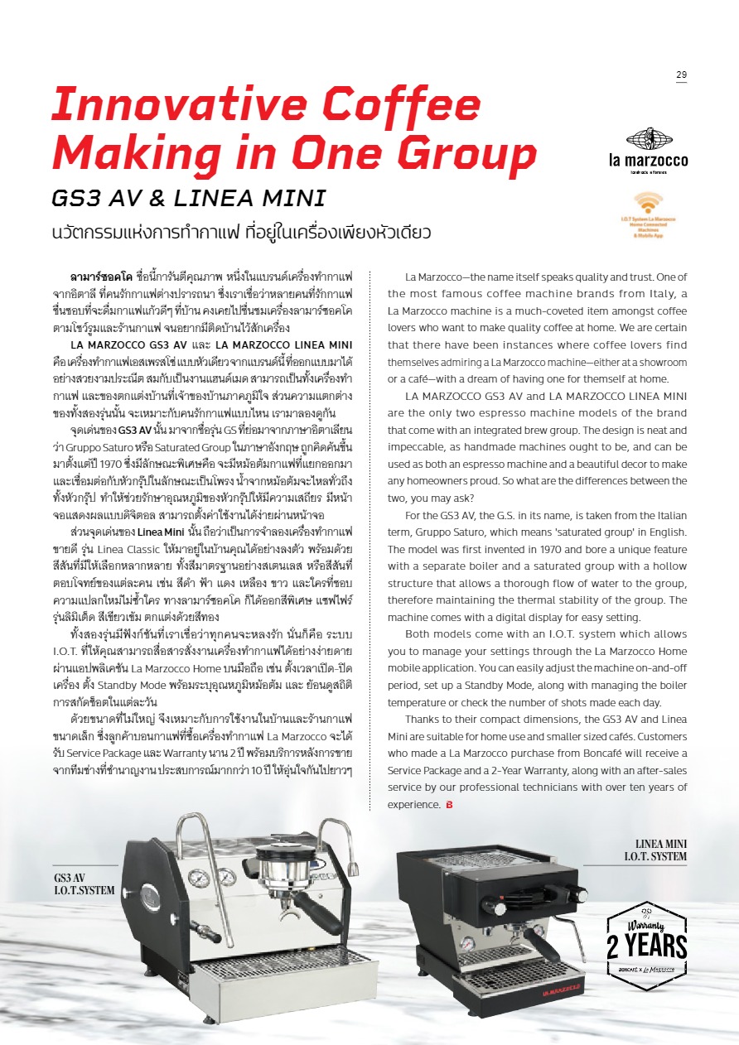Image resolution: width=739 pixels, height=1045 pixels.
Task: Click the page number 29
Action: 681,75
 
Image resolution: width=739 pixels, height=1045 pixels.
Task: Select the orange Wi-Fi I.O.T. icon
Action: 649,205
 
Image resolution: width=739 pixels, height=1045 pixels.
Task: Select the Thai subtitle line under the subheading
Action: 241,231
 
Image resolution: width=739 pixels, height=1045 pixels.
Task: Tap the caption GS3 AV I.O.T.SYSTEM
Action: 84,884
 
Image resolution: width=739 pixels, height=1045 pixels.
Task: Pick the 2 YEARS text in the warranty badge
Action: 646,946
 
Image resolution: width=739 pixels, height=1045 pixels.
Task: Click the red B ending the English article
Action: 449,805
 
